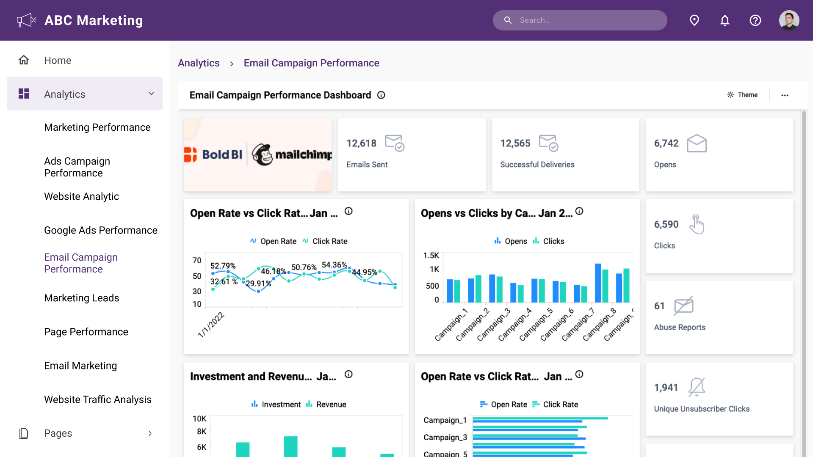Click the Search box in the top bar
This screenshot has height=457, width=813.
[580, 20]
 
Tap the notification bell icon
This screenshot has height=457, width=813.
[725, 20]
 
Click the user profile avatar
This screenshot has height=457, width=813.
[789, 20]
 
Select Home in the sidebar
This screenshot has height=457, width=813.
[58, 61]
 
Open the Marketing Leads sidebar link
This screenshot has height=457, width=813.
[81, 298]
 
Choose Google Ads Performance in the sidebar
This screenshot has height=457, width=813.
[100, 230]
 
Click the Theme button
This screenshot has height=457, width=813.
[742, 95]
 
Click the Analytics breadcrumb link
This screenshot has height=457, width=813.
[199, 63]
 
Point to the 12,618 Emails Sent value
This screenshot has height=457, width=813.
[361, 143]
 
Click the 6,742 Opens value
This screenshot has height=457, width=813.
[666, 143]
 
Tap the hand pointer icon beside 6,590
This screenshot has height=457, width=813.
[697, 224]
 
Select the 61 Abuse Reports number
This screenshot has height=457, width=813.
[659, 306]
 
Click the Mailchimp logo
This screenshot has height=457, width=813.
[292, 155]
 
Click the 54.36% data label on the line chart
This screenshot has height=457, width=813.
[334, 265]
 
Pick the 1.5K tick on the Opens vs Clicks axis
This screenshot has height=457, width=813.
[431, 256]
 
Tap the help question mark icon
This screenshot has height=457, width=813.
[755, 20]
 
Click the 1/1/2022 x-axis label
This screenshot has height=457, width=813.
[211, 325]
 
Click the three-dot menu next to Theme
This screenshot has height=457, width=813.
[785, 95]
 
